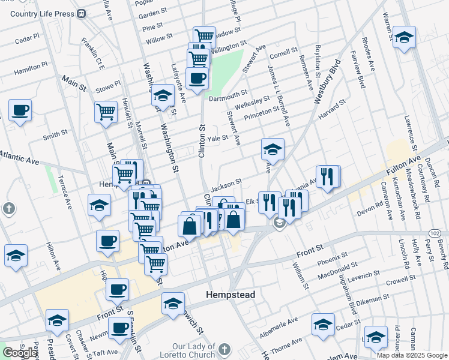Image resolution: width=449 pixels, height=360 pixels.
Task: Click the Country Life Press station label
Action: click(42, 14)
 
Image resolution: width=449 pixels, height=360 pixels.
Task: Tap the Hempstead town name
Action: click(231, 295)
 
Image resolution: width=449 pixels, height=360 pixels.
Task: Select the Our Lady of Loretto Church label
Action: click(193, 350)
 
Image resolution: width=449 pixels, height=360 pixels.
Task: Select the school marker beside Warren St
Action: click(404, 37)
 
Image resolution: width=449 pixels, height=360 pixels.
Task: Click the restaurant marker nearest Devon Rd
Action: click(328, 176)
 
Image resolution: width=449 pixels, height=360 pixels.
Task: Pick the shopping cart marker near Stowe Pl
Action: click(106, 111)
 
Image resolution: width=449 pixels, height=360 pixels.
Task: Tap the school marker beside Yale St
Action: click(273, 149)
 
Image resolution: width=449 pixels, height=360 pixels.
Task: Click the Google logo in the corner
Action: click(20, 353)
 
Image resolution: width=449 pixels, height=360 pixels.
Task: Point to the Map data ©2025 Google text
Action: click(412, 355)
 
